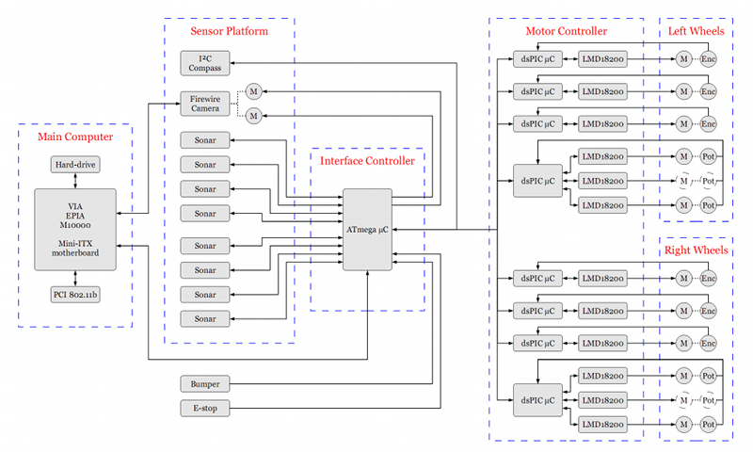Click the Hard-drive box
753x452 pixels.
[75, 165]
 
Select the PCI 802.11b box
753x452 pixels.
[75, 295]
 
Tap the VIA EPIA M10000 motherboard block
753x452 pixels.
[75, 229]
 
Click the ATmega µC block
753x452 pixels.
[367, 229]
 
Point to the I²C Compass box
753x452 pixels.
[205, 62]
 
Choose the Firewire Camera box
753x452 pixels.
[205, 103]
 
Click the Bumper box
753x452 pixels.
[205, 384]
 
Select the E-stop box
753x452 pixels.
[205, 409]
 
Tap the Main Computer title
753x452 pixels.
[75, 137]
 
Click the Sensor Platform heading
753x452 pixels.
[229, 31]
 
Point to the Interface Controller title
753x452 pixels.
[367, 161]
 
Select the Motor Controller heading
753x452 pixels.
[566, 31]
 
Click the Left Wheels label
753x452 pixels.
[696, 31]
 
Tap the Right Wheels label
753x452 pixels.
[696, 251]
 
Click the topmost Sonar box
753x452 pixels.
[205, 140]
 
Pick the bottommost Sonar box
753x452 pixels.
[205, 319]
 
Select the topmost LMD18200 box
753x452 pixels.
[605, 59]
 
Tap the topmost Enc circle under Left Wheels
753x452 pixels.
[709, 59]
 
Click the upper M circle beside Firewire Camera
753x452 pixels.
[252, 91]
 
